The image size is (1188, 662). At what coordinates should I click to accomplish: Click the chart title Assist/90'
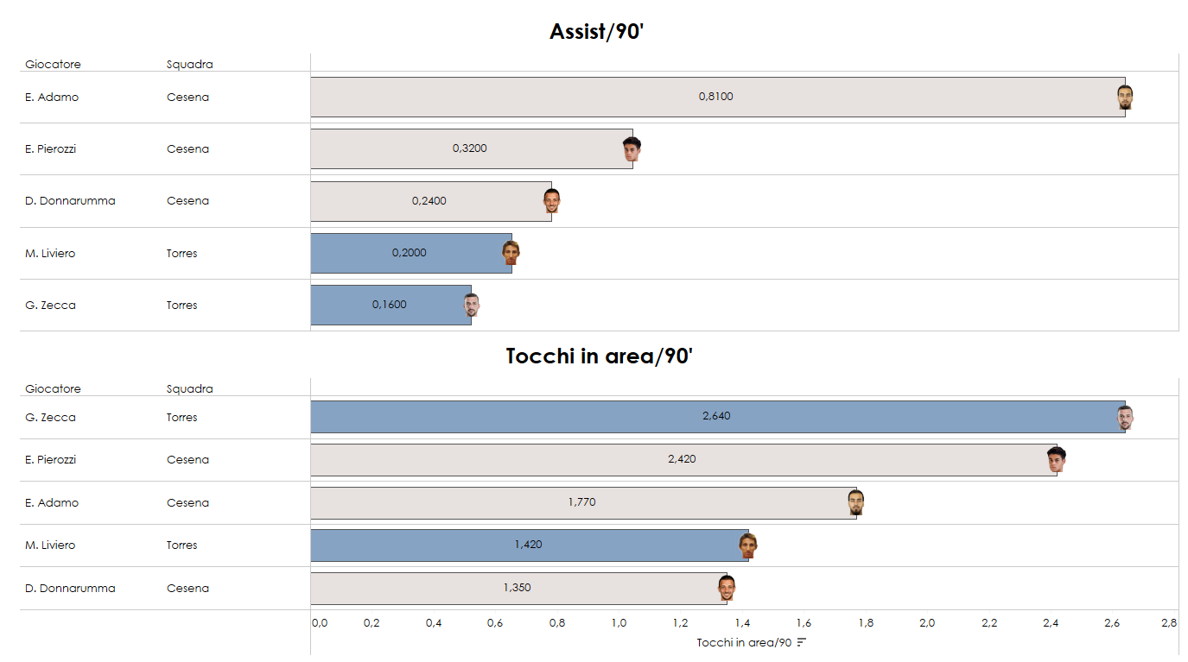coord(596,32)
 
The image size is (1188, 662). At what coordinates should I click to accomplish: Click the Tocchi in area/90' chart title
coord(599,356)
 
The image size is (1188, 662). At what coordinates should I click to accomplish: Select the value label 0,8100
coord(715,97)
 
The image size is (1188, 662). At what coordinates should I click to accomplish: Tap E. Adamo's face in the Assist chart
coord(1124,98)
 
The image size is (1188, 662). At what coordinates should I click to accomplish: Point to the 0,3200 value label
coord(469,148)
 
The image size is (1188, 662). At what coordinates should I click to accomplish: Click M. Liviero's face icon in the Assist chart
coord(511,253)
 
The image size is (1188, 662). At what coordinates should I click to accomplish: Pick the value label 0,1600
coord(389,305)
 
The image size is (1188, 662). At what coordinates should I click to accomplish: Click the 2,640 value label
coord(716,416)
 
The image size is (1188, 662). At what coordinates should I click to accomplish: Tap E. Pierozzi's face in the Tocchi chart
coord(1055,459)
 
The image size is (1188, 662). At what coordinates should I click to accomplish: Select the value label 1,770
coord(581,502)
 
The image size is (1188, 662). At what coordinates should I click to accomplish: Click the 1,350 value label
coord(517,588)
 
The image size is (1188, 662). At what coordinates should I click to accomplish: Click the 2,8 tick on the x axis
coord(1168,622)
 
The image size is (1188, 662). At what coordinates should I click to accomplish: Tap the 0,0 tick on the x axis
coord(320,622)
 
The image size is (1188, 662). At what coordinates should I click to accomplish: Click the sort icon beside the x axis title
coord(802,642)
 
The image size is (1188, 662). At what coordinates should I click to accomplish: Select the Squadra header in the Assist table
coord(189,64)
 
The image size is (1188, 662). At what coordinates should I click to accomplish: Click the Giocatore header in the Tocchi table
coord(53,388)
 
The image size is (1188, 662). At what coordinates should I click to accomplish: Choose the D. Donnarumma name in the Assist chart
coord(70,201)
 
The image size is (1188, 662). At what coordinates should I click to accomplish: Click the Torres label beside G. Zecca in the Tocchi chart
coord(181,418)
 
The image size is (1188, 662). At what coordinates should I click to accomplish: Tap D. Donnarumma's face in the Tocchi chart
coord(726,588)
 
